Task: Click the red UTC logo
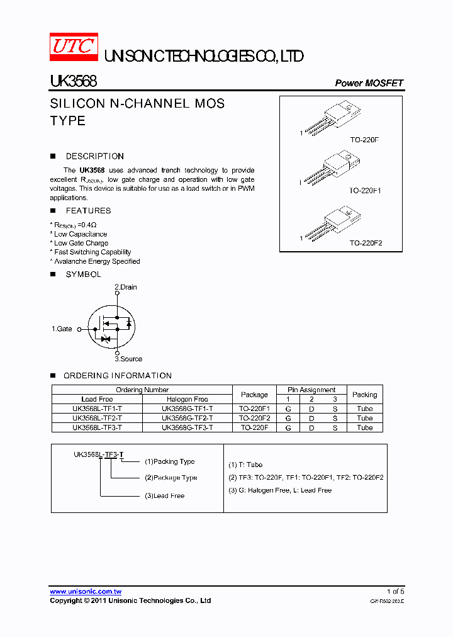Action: tap(74, 47)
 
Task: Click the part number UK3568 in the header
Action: tap(73, 82)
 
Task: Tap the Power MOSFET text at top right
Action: tap(369, 83)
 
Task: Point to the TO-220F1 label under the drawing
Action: tap(366, 190)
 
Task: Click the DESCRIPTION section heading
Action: tap(94, 156)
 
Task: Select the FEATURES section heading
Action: tap(88, 211)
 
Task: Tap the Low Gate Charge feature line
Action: tap(81, 243)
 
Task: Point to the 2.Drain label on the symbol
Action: tap(125, 287)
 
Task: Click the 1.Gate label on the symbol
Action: tap(62, 329)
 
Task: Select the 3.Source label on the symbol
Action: tap(128, 359)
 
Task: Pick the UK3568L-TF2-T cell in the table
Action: tap(97, 418)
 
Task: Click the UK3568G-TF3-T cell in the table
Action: tap(187, 427)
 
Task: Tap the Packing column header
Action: tap(364, 395)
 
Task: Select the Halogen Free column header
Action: tap(187, 399)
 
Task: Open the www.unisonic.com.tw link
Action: tap(86, 592)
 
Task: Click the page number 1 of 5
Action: tap(395, 592)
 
